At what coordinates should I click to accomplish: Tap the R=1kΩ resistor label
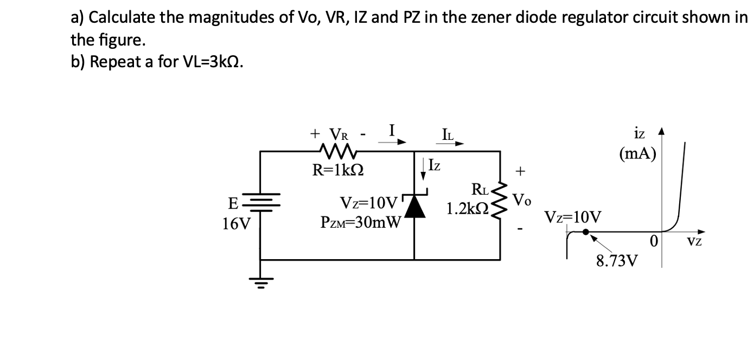[x=337, y=170]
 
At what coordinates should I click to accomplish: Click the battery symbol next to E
[x=261, y=203]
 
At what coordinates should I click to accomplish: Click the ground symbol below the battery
[x=261, y=281]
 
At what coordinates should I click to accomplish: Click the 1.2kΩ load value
[x=467, y=208]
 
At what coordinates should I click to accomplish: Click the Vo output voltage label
[x=521, y=200]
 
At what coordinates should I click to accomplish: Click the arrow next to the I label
[x=392, y=143]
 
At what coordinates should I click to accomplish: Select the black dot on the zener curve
[x=586, y=232]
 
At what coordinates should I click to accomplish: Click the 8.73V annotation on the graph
[x=617, y=261]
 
